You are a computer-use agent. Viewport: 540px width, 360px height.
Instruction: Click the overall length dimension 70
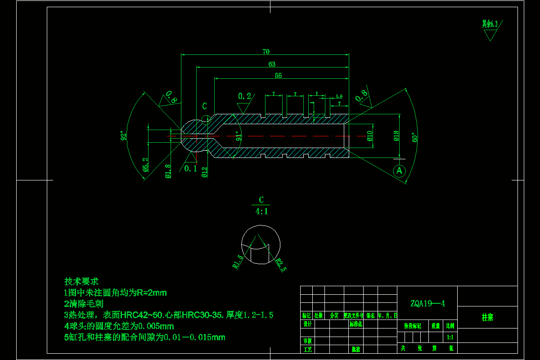pos(266,52)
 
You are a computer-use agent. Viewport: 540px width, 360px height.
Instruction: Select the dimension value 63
pos(272,64)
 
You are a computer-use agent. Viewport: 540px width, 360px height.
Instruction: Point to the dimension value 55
pos(278,76)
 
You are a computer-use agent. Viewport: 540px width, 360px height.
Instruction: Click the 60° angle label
pos(414,137)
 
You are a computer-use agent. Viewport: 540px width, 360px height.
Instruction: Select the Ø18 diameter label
pos(396,136)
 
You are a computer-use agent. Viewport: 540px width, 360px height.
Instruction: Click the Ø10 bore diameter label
pos(370,136)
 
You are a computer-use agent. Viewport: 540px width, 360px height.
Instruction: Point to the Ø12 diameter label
pos(205,172)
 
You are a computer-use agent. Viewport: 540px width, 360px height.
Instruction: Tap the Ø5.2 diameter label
pos(145,165)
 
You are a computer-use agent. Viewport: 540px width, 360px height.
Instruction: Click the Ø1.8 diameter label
pos(168,171)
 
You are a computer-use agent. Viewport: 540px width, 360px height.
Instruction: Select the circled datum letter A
pos(399,171)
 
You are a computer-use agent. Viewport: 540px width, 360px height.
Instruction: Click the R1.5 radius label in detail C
pos(238,261)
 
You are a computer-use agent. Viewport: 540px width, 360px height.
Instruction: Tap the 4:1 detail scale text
pos(261,211)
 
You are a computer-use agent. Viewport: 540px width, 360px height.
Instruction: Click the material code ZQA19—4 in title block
pos(427,303)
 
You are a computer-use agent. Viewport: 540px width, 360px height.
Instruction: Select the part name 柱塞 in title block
pos(487,317)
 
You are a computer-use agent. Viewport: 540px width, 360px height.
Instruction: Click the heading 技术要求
pos(81,282)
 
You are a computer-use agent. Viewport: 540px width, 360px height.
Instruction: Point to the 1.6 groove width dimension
pos(339,96)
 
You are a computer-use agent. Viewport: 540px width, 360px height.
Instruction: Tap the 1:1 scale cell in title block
pos(450,337)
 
